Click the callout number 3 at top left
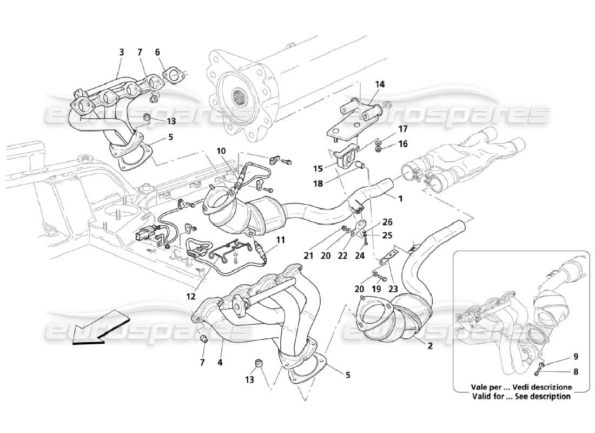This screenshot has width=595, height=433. click(122, 53)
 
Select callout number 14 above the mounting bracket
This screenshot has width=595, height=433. click(380, 84)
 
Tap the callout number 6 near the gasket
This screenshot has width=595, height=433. click(157, 53)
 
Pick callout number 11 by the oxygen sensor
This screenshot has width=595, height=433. click(280, 239)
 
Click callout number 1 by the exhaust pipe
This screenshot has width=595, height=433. click(401, 199)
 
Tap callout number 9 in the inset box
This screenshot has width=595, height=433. click(576, 357)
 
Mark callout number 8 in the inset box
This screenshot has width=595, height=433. click(576, 372)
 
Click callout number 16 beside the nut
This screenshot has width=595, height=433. click(403, 145)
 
